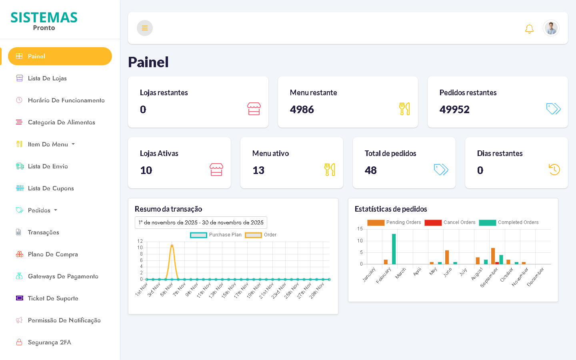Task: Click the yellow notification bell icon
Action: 529,29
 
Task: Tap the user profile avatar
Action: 551,28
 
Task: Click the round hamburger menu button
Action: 145,28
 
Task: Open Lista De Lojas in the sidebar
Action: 47,78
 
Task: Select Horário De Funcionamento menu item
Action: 66,100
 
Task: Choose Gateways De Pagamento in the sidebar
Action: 63,276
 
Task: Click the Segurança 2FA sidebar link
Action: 49,342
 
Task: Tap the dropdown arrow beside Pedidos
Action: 56,210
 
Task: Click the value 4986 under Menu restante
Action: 302,110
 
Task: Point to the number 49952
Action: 454,110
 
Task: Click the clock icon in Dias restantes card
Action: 554,170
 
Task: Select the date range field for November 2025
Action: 201,223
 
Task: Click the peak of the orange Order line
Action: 172,246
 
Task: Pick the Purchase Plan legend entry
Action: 216,235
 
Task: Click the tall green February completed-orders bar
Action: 394,249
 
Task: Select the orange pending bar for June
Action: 447,257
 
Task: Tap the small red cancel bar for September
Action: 497,263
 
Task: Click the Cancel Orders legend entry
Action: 450,222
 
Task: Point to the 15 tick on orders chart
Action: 360,229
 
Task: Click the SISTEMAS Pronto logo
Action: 44,21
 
